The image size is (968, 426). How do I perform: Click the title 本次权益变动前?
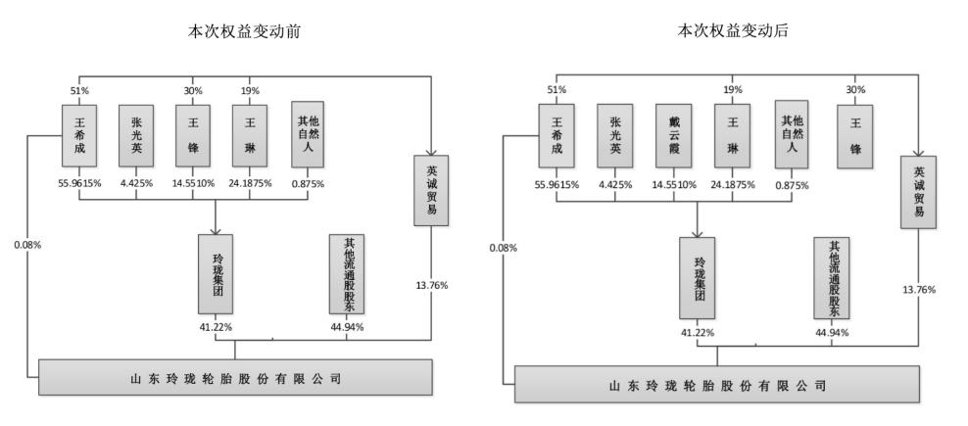coord(244,31)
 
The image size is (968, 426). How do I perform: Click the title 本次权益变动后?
coord(734,31)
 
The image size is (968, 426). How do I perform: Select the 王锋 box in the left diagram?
coord(193,135)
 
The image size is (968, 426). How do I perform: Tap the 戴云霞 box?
coord(673,136)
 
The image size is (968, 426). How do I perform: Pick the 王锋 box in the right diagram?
coord(855,136)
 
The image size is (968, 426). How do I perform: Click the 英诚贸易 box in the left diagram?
coord(431,190)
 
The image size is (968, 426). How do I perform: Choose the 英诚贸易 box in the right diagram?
coord(918,192)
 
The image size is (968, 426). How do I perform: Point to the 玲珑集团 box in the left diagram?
coord(216,274)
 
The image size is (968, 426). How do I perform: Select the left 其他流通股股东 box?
coord(346,274)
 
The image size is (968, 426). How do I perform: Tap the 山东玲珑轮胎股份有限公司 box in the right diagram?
coord(717,385)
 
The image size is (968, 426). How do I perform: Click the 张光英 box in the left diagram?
coord(136,135)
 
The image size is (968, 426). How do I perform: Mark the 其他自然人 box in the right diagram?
coord(792,136)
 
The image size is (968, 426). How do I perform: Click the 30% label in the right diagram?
coord(855,89)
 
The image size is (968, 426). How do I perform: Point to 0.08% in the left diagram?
coord(27,245)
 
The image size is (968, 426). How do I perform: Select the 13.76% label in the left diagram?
coord(431,285)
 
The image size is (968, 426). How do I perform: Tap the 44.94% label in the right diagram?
coord(832,332)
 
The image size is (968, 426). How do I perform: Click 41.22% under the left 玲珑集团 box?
coord(215,327)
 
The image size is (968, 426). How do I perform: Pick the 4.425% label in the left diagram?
coord(136,183)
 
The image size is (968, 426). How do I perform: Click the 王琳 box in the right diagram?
coord(733,136)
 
